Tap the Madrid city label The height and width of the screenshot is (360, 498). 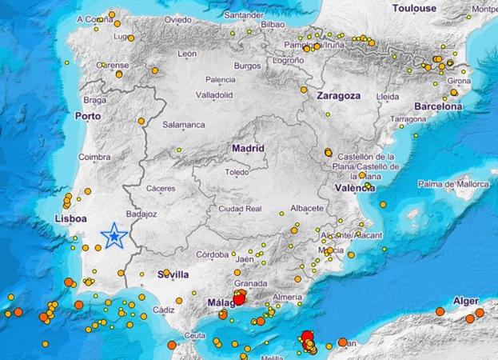coord(248,148)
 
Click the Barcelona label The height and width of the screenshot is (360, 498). coord(438,106)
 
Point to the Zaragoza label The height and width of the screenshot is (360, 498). coord(338,94)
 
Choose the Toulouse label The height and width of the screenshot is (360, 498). coord(414,8)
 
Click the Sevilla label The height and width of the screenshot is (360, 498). coord(174,274)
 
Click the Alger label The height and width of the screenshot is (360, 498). coord(465,300)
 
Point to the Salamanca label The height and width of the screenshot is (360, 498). coord(184,125)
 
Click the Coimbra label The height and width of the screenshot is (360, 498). coord(94,158)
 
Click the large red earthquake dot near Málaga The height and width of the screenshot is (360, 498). coord(237,301)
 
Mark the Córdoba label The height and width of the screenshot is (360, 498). coord(213,254)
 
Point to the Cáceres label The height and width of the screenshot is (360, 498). coord(161,189)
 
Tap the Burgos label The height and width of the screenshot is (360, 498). coord(248,66)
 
